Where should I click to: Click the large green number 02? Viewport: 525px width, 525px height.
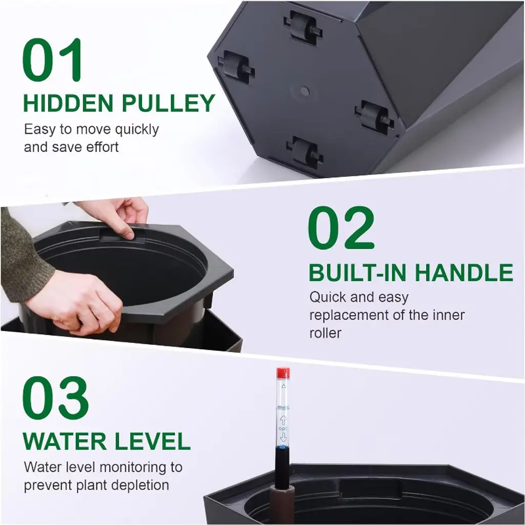341,227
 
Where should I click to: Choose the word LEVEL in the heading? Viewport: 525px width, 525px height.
153,441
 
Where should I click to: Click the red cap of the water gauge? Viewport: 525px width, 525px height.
283,373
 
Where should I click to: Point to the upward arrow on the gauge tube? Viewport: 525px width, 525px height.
283,420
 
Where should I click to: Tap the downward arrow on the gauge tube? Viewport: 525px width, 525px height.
283,437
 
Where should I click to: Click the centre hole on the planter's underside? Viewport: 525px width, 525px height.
305,91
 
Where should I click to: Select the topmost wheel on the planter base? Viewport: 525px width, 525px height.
302,29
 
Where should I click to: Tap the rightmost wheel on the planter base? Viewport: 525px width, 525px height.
375,118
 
